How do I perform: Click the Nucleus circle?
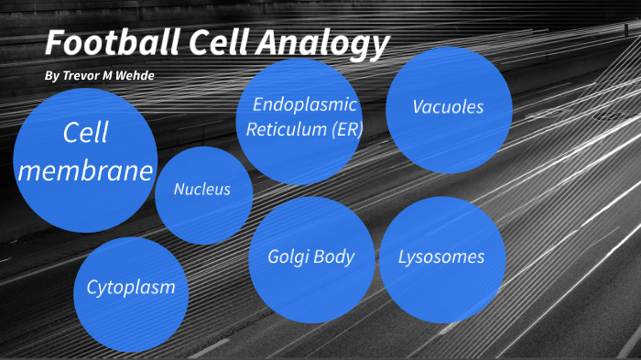pyautogui.click(x=202, y=194)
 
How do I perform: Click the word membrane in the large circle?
pyautogui.click(x=85, y=171)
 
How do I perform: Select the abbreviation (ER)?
pyautogui.click(x=344, y=129)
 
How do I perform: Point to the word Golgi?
pyautogui.click(x=288, y=257)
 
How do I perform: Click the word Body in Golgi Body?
pyautogui.click(x=333, y=257)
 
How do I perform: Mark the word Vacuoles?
pyautogui.click(x=448, y=107)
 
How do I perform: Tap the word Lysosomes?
pyautogui.click(x=441, y=257)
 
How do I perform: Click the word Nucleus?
pyautogui.click(x=202, y=191)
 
